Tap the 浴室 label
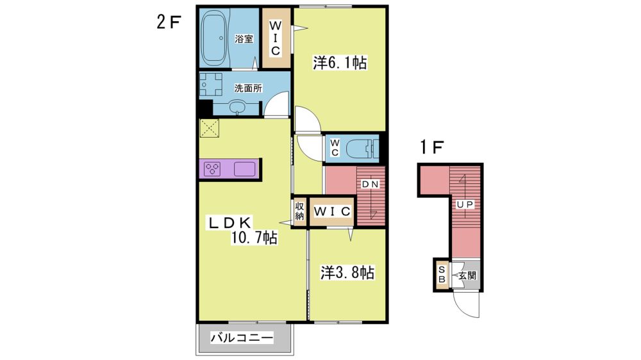[244, 39]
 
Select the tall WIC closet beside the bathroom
[276, 38]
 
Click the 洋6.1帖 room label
[340, 63]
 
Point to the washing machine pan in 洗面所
[210, 85]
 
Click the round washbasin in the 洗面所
[237, 107]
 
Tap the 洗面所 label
[248, 88]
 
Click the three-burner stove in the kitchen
[213, 168]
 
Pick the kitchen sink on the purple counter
[244, 168]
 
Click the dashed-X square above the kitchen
[210, 128]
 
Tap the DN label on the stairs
[370, 184]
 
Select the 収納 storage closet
[299, 211]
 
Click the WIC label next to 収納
[332, 211]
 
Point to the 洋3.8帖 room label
[347, 272]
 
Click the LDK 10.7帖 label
[243, 230]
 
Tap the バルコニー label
[242, 338]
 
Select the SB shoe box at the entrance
[442, 275]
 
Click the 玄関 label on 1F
[467, 275]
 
